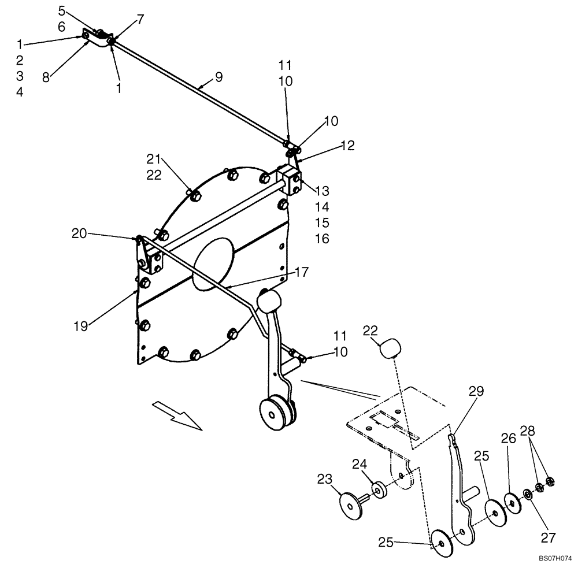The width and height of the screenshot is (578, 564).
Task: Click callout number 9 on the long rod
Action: pos(218,77)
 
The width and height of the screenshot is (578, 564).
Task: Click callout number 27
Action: pos(547,537)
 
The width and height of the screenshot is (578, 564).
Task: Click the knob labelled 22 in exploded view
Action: pos(391,350)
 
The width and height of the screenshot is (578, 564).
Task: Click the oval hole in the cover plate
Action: pos(214,264)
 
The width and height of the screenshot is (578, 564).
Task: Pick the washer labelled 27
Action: pos(528,494)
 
